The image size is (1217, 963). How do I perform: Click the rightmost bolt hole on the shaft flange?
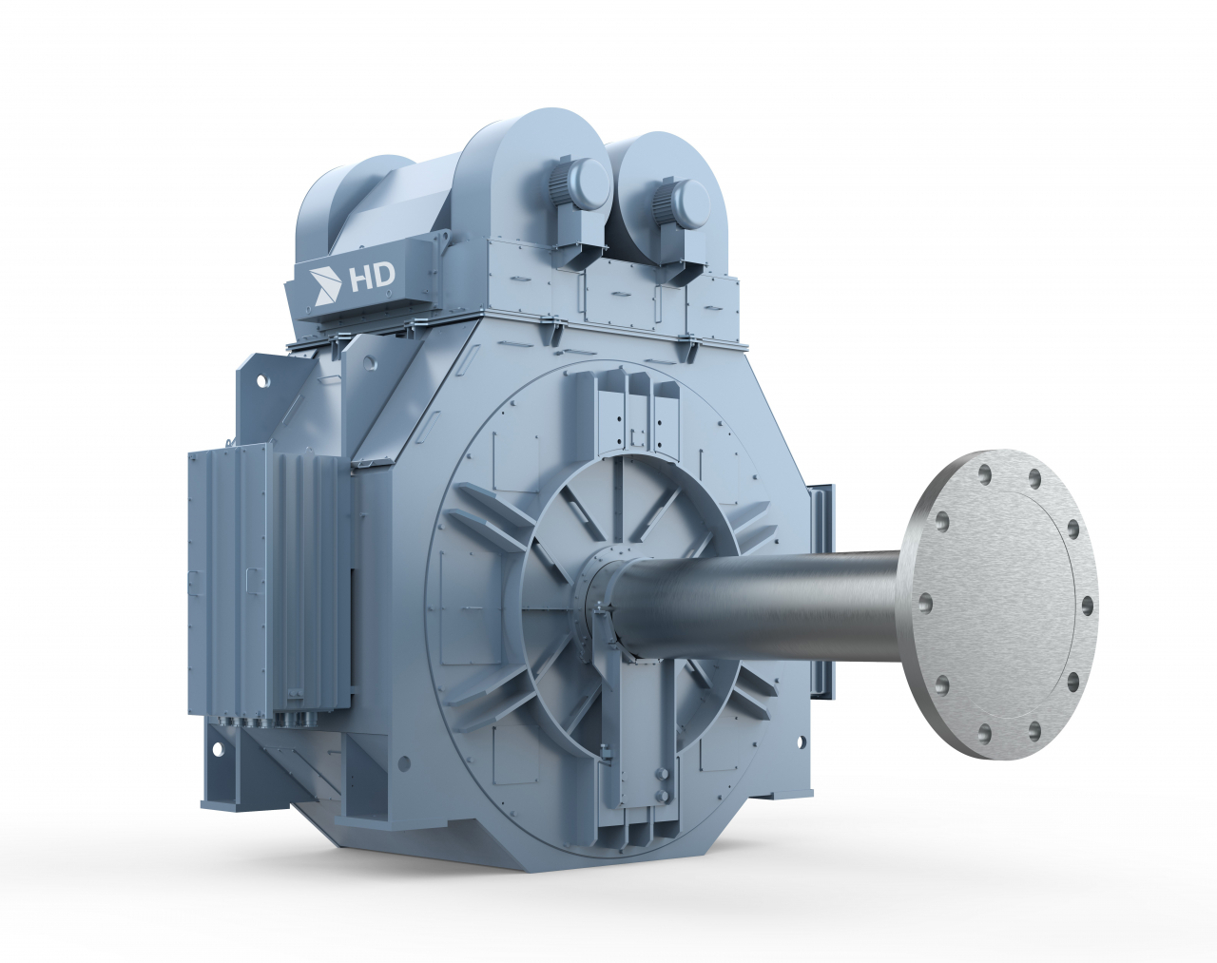[1088, 606]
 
